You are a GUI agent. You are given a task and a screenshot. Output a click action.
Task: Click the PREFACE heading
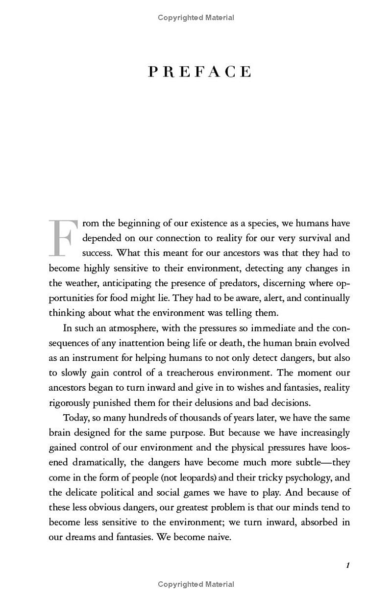(199, 72)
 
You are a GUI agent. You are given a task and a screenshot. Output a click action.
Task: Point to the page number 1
(348, 565)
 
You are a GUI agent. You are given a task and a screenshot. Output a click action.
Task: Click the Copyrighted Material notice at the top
(196, 18)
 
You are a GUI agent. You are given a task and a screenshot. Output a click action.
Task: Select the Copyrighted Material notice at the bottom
(196, 584)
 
